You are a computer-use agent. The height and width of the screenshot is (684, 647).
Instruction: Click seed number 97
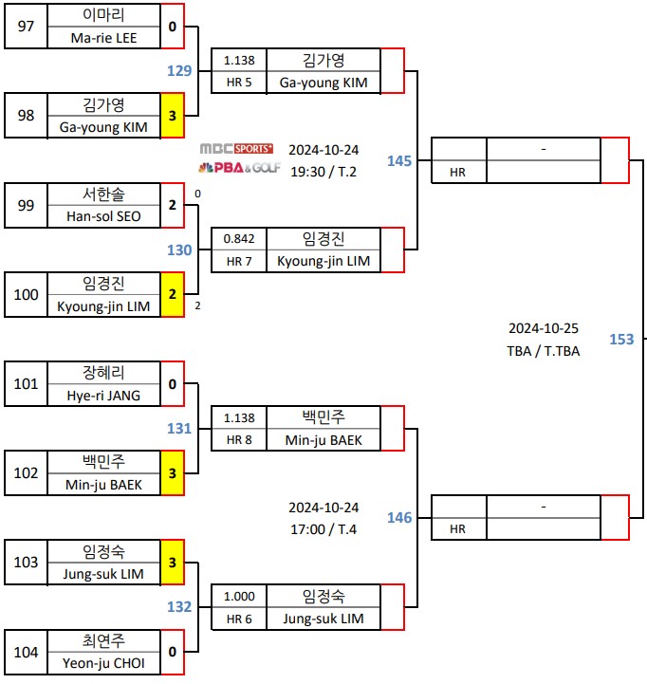pyautogui.click(x=26, y=27)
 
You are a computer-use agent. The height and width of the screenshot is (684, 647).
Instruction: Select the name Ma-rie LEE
pyautogui.click(x=102, y=38)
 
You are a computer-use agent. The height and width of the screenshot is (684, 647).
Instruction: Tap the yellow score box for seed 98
pyautogui.click(x=172, y=116)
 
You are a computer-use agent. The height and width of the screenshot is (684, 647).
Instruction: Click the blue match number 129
pyautogui.click(x=179, y=71)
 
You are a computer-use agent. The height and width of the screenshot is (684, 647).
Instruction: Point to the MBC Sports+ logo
pyautogui.click(x=236, y=149)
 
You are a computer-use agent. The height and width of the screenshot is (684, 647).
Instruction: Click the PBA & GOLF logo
pyautogui.click(x=236, y=167)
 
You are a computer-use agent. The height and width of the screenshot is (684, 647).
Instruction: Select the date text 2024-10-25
pyautogui.click(x=543, y=329)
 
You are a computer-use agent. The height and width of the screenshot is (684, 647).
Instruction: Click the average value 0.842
pyautogui.click(x=239, y=239)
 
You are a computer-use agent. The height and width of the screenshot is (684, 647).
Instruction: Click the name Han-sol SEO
pyautogui.click(x=102, y=216)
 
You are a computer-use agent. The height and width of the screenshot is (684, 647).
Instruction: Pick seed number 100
pyautogui.click(x=26, y=294)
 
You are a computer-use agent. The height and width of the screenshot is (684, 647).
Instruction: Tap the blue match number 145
pyautogui.click(x=399, y=161)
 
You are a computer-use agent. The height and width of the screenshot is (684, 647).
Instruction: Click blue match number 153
pyautogui.click(x=621, y=340)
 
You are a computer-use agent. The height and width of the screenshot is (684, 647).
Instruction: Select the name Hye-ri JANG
pyautogui.click(x=102, y=395)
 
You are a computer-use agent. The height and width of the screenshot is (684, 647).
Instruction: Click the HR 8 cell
pyautogui.click(x=239, y=439)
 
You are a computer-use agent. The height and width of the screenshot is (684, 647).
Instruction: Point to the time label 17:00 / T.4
pyautogui.click(x=323, y=529)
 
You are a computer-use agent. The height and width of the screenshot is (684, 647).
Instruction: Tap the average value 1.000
pyautogui.click(x=239, y=596)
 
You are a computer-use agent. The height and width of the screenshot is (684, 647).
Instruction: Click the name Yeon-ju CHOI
pyautogui.click(x=102, y=663)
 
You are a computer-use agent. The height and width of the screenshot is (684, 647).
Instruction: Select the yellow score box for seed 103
pyautogui.click(x=172, y=563)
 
